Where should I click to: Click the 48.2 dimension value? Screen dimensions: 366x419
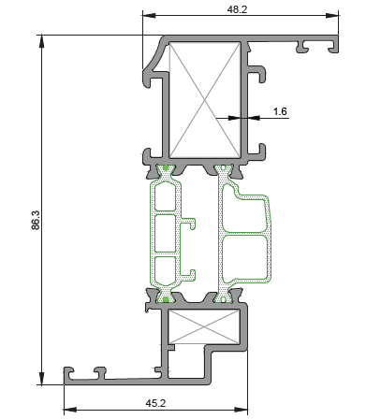coord(237,9)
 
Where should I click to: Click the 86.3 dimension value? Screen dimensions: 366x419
coord(36,220)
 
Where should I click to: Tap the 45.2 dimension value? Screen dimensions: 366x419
coord(155,403)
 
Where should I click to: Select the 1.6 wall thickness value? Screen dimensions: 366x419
coord(280,111)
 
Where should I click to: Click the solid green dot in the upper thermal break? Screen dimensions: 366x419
coord(166,168)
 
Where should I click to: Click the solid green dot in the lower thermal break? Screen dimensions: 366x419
coord(166,299)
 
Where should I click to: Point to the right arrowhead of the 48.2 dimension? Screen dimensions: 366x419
coord(332,15)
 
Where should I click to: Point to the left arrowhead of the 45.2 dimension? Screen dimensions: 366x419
coord(70,410)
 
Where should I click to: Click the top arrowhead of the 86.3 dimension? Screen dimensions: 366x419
coord(41,41)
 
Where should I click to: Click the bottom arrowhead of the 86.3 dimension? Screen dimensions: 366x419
coord(41,378)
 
